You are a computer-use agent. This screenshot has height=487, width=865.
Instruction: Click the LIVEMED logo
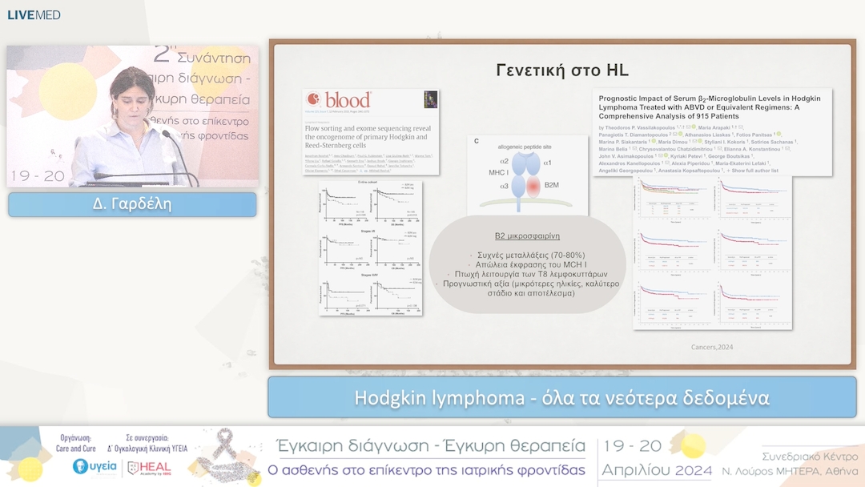[34, 14]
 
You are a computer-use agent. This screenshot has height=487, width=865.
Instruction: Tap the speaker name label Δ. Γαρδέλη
[132, 205]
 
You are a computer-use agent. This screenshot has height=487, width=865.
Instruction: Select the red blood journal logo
[339, 100]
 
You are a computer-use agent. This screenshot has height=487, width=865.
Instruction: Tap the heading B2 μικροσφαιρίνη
[526, 237]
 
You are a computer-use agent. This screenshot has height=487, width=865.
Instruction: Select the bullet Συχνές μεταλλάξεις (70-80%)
[527, 254]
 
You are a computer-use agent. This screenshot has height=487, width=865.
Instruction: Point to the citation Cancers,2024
[711, 347]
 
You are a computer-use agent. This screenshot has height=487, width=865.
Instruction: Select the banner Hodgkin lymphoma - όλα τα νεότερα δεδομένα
[561, 398]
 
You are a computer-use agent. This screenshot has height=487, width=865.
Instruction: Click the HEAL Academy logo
[150, 468]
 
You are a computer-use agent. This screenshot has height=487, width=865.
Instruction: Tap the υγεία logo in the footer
[95, 467]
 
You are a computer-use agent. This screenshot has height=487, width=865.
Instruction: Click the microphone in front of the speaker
[169, 136]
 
